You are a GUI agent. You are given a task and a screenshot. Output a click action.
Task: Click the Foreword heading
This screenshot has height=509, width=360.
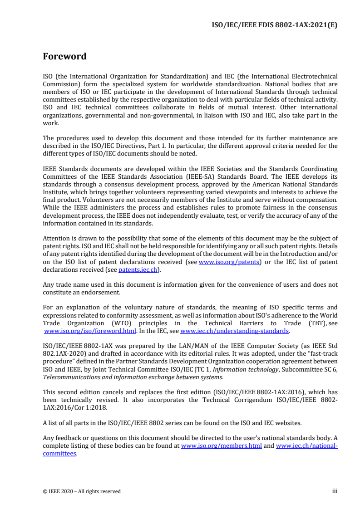pyautogui.click(x=64, y=57)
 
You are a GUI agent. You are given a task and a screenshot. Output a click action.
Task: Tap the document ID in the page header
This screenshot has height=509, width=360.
pyautogui.click(x=275, y=25)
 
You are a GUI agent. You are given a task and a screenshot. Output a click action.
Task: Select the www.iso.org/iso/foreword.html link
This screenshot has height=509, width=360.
pyautogui.click(x=90, y=331)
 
